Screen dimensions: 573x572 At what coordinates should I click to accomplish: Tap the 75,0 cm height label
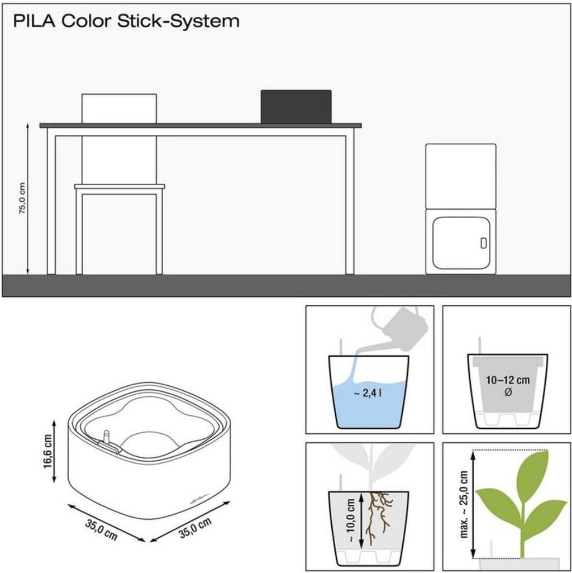coord(22,198)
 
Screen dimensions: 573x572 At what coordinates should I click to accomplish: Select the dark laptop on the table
coord(296,106)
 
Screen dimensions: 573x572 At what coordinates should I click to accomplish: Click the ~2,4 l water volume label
coord(368,394)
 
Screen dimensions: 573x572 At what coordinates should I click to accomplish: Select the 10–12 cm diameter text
coord(507,386)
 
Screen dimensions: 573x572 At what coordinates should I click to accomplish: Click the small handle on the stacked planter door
coord(483,243)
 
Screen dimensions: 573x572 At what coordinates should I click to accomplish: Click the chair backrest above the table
coord(119,108)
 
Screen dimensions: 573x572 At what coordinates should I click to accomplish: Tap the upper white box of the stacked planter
coord(461,176)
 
